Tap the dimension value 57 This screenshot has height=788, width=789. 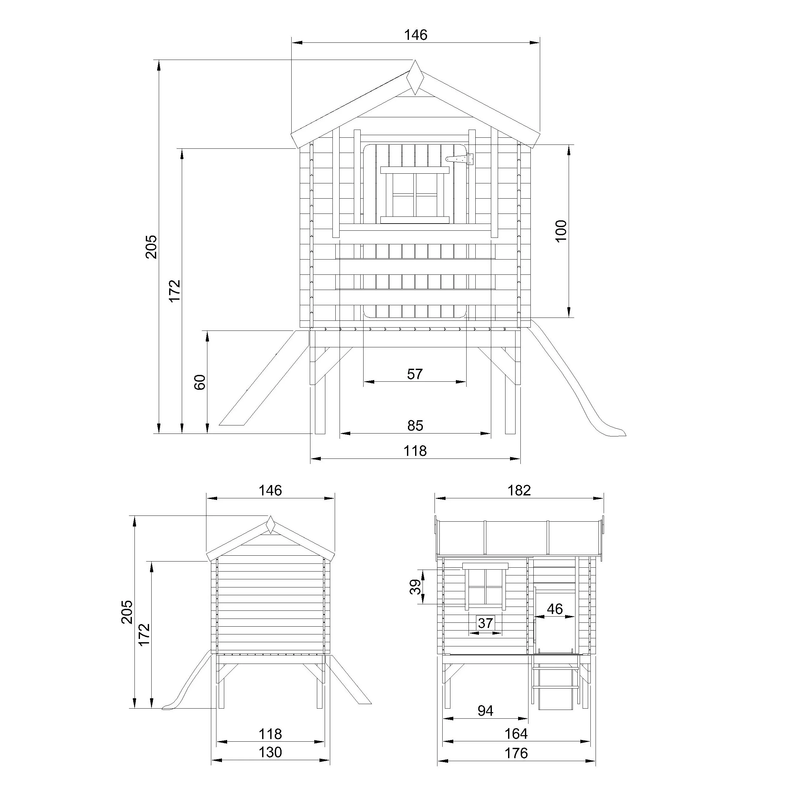[x=415, y=374]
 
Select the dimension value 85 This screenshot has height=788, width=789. [x=415, y=425]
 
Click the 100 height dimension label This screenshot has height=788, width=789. [x=561, y=231]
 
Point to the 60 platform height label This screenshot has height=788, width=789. [x=200, y=382]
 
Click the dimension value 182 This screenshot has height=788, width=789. [x=519, y=490]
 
